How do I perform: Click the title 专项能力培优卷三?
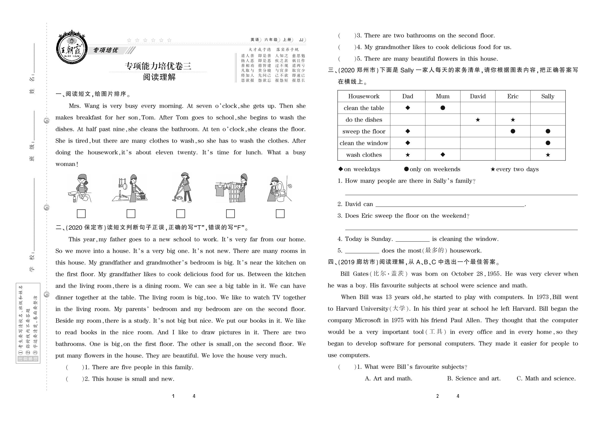point(158,66)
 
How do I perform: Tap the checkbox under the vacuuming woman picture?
point(181,213)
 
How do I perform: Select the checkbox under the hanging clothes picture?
point(230,213)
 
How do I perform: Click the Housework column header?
point(364,96)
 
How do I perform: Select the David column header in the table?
point(477,96)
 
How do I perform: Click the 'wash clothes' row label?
point(364,155)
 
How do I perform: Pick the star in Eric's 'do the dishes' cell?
point(513,120)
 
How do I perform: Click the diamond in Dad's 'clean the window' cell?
point(408,143)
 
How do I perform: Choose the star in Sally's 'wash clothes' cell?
point(548,155)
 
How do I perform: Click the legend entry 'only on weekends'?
point(432,169)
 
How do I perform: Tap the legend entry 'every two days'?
point(514,169)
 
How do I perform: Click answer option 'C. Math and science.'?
point(546,379)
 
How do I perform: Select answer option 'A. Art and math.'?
point(388,379)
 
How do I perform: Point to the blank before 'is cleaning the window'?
point(412,239)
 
